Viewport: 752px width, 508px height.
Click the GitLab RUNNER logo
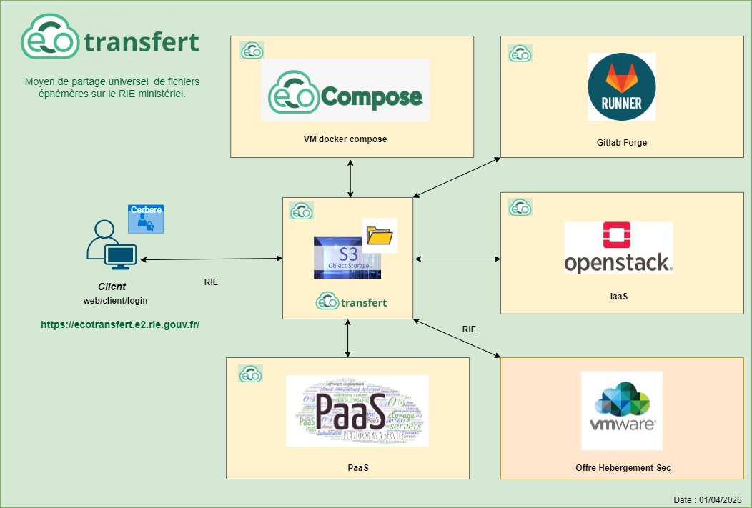pyautogui.click(x=621, y=86)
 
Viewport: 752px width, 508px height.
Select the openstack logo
pyautogui.click(x=618, y=248)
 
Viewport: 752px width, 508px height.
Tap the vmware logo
pyautogui.click(x=621, y=410)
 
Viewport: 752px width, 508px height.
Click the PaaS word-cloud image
pyautogui.click(x=357, y=410)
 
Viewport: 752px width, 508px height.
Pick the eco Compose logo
pyautogui.click(x=345, y=90)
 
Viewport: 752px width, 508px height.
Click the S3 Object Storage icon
pyautogui.click(x=347, y=258)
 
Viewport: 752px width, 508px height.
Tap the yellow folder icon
pyautogui.click(x=380, y=236)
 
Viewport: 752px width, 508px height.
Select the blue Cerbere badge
pyautogui.click(x=146, y=219)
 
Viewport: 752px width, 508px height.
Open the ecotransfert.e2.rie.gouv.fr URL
pyautogui.click(x=120, y=324)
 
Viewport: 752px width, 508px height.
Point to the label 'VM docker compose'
pyautogui.click(x=345, y=139)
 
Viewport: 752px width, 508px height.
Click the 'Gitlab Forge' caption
pyautogui.click(x=621, y=143)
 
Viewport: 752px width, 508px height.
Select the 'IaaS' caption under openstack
pyautogui.click(x=618, y=295)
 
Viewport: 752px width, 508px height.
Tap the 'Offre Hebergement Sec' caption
pyautogui.click(x=623, y=467)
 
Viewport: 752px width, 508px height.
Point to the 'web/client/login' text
pyautogui.click(x=111, y=301)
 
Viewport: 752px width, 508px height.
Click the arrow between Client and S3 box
pyautogui.click(x=211, y=259)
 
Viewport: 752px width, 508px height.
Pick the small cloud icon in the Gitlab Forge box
pyautogui.click(x=519, y=53)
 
